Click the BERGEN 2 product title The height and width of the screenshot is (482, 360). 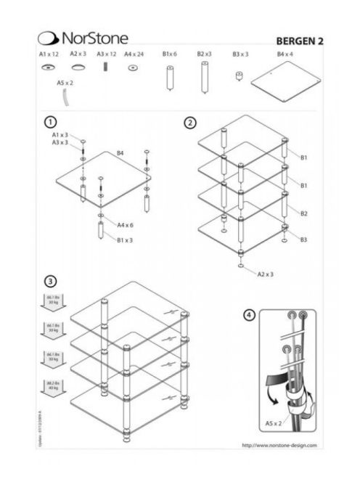point(299,41)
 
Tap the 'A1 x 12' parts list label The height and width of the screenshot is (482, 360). point(48,54)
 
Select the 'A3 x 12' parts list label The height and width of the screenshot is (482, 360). point(107,54)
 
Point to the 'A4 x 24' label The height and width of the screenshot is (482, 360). point(134,54)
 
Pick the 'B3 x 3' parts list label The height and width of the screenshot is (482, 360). point(240,54)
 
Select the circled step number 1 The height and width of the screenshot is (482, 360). point(50,121)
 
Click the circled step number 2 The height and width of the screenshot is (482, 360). point(190,122)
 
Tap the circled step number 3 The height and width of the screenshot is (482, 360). point(50,281)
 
